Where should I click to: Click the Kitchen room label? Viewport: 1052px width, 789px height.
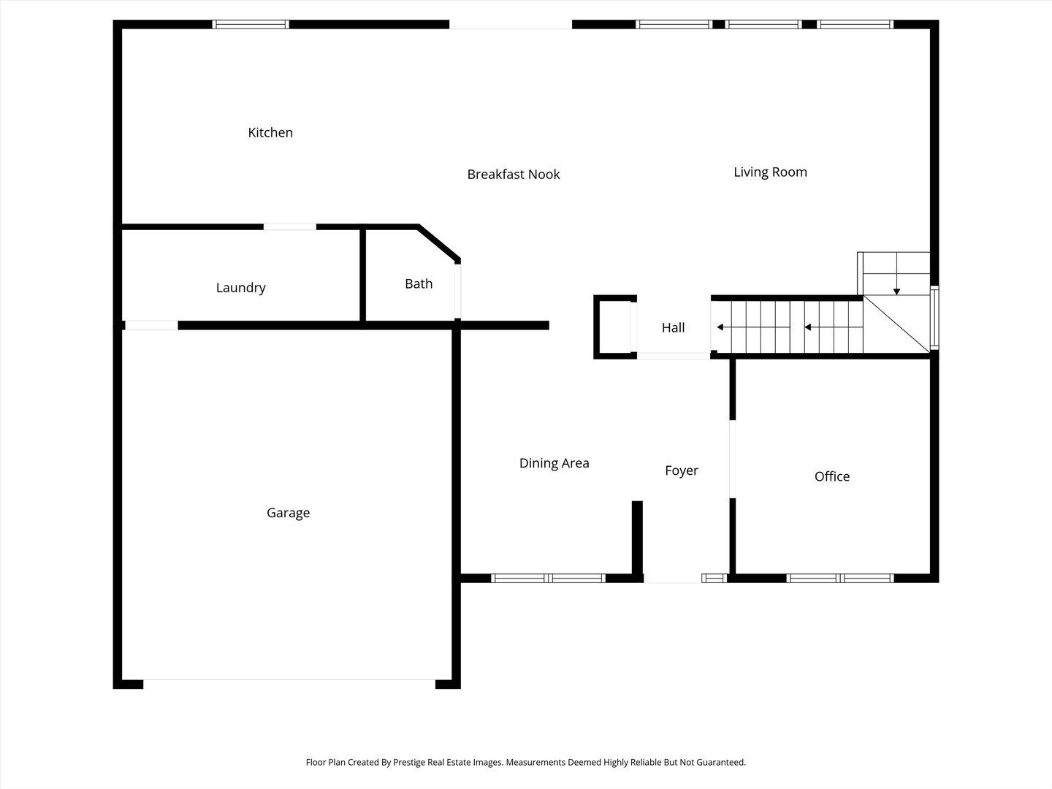(270, 133)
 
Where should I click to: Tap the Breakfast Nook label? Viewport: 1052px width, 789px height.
(514, 175)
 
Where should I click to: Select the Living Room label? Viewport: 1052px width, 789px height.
(770, 172)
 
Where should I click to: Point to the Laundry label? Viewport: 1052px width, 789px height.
(240, 288)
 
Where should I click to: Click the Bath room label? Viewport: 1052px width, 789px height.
(419, 284)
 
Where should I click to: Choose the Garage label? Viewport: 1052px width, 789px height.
(288, 513)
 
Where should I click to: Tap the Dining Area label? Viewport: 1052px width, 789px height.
(554, 463)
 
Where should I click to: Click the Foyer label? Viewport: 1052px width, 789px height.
(681, 471)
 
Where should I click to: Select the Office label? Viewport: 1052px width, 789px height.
(831, 476)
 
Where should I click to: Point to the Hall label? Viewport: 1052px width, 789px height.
(673, 328)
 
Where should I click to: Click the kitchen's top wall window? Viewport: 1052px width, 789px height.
(251, 24)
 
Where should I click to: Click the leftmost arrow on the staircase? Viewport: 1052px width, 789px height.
(720, 327)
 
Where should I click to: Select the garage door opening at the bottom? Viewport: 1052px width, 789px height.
(289, 683)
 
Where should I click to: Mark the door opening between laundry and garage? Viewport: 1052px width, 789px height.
(151, 325)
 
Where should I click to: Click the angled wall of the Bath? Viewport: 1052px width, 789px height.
(438, 243)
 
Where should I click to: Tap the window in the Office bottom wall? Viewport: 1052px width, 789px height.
(840, 578)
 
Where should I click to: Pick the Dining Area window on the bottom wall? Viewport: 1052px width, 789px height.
(548, 578)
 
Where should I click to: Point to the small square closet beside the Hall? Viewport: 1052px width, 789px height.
(614, 327)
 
